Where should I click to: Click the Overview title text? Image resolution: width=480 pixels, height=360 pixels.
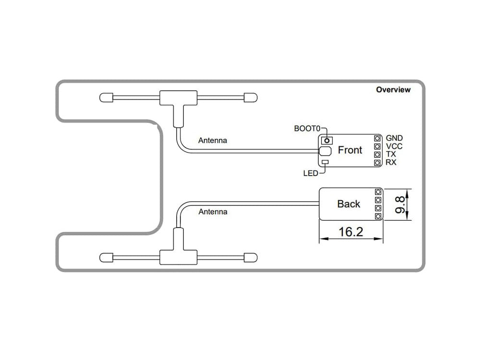(x=393, y=90)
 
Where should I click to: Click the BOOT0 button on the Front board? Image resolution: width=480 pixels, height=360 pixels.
(x=327, y=140)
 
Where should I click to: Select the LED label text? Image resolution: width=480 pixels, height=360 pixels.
(x=311, y=173)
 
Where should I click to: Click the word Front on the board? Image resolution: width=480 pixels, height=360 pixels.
(x=350, y=150)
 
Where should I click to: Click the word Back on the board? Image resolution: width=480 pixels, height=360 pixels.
(x=348, y=204)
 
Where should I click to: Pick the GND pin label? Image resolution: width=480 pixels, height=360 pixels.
(x=394, y=138)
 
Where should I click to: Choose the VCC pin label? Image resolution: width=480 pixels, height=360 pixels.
(x=394, y=146)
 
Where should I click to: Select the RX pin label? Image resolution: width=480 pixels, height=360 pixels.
(x=391, y=163)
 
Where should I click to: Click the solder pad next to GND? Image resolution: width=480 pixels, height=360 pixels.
(x=378, y=138)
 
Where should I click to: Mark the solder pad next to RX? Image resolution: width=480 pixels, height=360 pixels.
(x=378, y=163)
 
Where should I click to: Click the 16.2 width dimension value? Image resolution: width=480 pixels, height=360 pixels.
(x=351, y=232)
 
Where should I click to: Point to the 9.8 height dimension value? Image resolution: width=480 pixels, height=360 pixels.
(x=398, y=204)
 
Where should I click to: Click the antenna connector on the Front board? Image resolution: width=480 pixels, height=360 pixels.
(x=325, y=151)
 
